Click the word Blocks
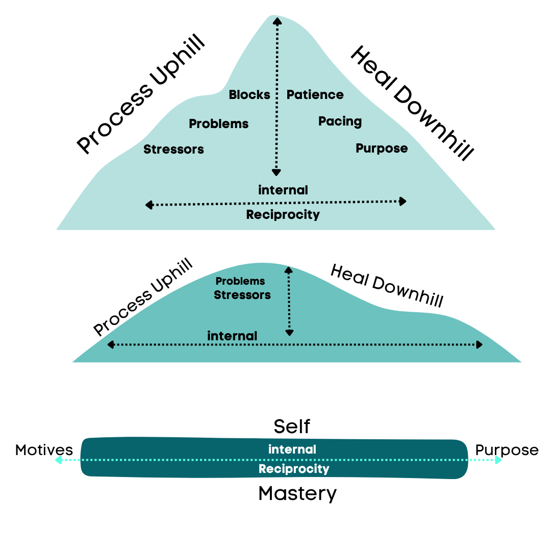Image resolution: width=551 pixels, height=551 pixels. click(249, 94)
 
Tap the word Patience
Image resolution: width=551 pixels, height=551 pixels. click(315, 94)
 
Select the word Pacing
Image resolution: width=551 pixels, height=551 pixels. click(340, 121)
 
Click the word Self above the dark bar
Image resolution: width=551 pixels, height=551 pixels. click(292, 426)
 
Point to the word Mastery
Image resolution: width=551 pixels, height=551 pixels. click(297, 494)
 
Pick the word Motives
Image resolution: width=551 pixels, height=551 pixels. click(44, 450)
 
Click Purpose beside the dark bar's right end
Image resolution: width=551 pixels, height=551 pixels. click(507, 450)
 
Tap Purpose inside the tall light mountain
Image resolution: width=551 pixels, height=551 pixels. click(382, 148)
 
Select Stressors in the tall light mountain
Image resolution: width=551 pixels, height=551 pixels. click(173, 149)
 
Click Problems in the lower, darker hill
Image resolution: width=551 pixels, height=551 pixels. click(240, 281)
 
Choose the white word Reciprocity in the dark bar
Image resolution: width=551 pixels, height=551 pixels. click(294, 469)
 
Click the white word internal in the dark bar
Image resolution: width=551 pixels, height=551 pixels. click(292, 449)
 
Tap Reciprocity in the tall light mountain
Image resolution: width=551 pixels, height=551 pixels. click(283, 215)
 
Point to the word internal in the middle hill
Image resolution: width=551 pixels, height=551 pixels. click(232, 336)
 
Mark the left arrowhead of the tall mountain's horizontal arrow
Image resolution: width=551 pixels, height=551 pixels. click(149, 205)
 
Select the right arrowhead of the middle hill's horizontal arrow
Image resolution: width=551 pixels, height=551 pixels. click(479, 345)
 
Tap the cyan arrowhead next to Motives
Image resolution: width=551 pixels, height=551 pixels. click(59, 460)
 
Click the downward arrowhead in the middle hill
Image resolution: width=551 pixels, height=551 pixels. click(289, 333)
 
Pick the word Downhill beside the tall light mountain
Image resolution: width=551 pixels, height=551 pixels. click(434, 122)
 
